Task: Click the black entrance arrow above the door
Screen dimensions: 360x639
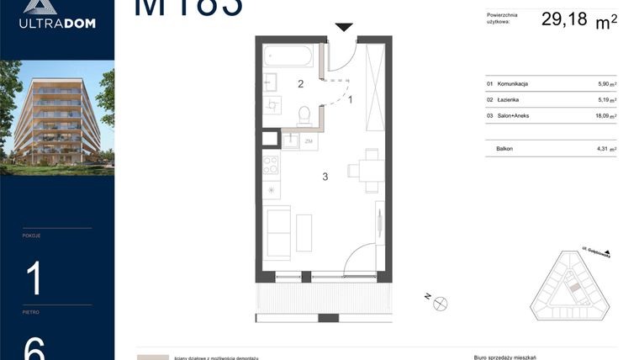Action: coord(343,28)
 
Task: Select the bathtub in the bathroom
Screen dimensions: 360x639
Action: coord(288,57)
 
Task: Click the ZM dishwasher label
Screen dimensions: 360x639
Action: coord(309,140)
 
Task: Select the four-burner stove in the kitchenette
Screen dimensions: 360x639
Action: coord(272,164)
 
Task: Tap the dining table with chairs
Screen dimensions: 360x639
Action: coord(367,169)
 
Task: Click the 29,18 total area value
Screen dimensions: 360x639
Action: coord(564,20)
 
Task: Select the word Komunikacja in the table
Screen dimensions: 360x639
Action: coord(513,84)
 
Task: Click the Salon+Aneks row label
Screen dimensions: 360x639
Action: coord(514,115)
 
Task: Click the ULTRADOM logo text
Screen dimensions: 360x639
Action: coord(57,23)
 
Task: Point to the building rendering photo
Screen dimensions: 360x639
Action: coord(57,117)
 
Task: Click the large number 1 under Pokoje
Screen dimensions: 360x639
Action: coord(34,278)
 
